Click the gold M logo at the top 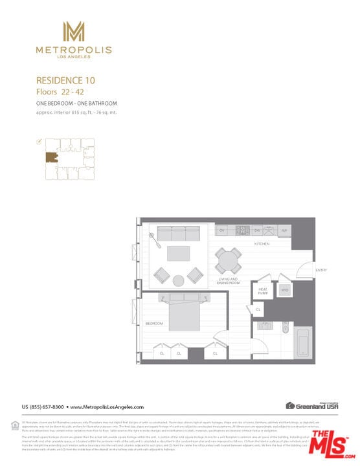(74, 32)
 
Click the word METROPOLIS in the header (74, 50)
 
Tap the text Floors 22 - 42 (56, 92)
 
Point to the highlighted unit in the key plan (51, 157)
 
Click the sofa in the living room (177, 233)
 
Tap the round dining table (228, 260)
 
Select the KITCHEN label (262, 244)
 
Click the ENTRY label (321, 270)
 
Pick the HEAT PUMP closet (264, 291)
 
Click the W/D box (284, 291)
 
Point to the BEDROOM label (154, 323)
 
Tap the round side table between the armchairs (178, 280)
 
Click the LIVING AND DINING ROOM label (229, 281)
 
